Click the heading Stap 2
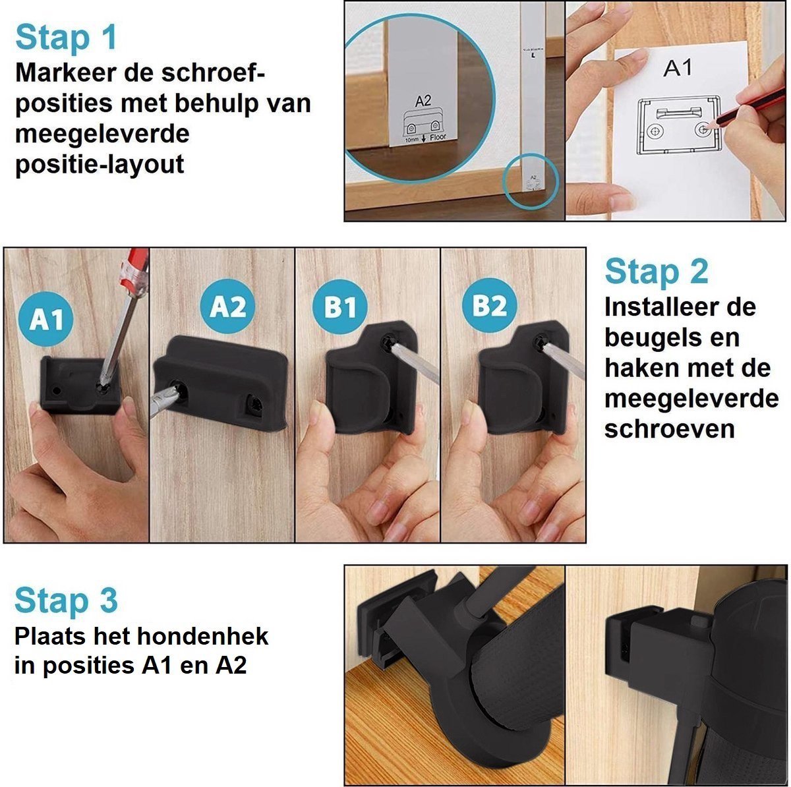(656, 272)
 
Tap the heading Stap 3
(66, 600)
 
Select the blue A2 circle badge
(227, 306)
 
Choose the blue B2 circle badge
(489, 306)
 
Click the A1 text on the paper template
(677, 68)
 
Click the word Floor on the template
(438, 138)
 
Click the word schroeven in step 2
(668, 429)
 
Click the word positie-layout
(99, 164)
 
